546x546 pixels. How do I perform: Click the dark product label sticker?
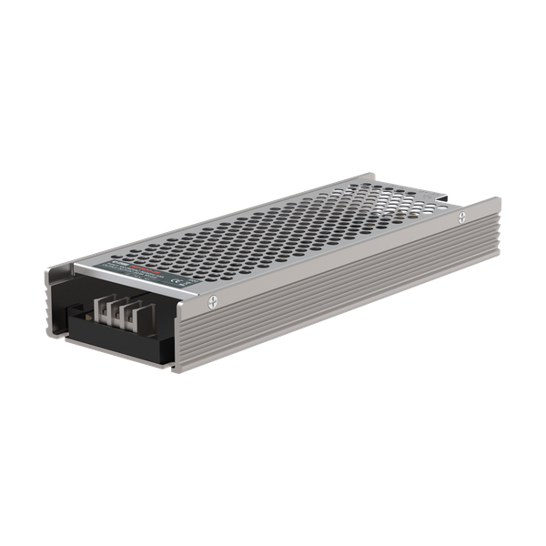click(146, 274)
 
